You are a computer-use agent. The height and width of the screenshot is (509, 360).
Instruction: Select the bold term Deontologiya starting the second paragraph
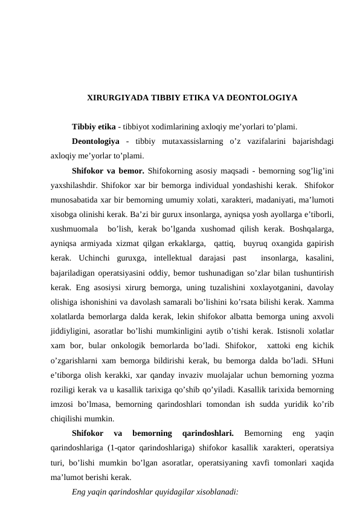coord(96,141)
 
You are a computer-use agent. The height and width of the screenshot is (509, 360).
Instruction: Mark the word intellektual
coord(173,258)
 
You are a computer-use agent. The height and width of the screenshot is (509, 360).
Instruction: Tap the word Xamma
coord(323,301)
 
